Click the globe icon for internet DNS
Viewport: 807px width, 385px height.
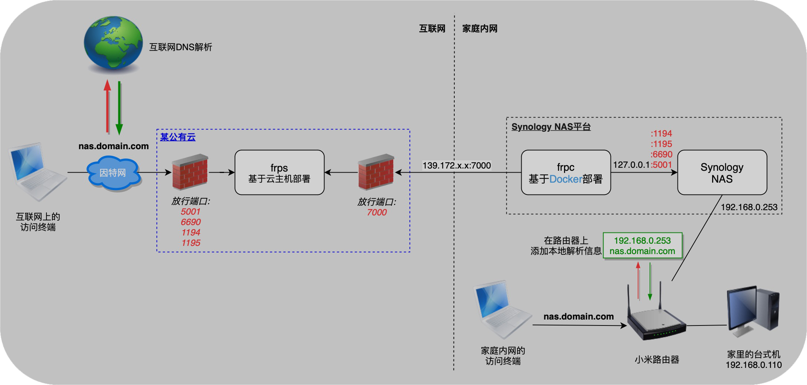113,43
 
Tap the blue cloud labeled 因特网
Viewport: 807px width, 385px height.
113,173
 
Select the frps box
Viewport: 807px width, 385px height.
279,173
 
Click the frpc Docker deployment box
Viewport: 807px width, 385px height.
566,173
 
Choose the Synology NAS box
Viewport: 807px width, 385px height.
722,173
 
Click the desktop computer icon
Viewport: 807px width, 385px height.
752,311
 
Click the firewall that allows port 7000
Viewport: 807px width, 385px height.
376,172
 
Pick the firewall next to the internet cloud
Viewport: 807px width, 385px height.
190,172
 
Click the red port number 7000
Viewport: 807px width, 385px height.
377,212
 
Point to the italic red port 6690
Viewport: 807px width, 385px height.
190,222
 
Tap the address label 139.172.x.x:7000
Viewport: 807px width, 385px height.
457,166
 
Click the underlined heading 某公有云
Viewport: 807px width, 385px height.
178,137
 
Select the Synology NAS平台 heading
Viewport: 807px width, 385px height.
551,127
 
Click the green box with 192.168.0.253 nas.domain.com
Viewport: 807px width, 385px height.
642,246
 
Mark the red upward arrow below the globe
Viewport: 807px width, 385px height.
108,106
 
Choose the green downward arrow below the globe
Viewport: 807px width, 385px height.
119,108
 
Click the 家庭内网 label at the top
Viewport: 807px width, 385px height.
480,29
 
